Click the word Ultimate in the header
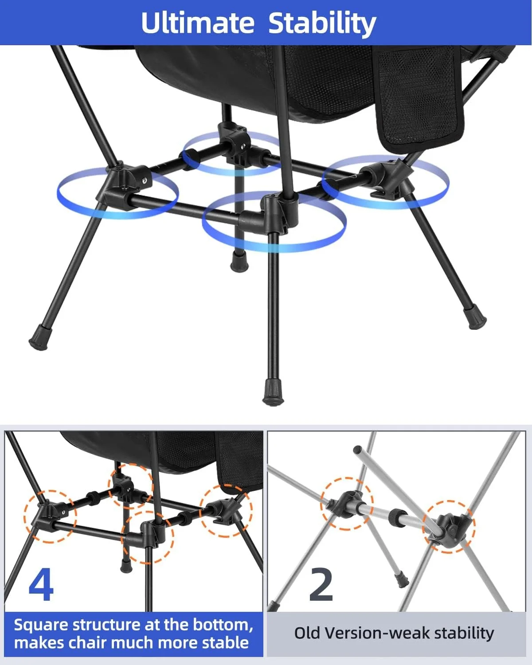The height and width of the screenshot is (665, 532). [198, 23]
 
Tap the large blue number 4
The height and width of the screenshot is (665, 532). [41, 584]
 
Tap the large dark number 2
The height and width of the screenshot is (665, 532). [321, 584]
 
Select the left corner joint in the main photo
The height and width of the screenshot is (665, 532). [124, 185]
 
